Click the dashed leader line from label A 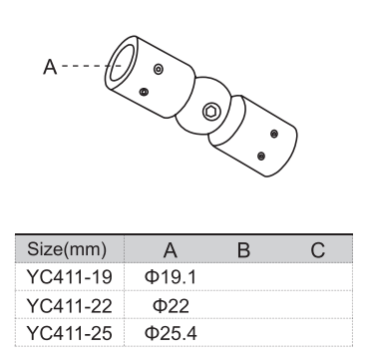[85, 67]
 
